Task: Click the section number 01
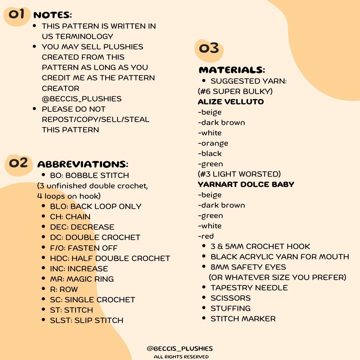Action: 17,14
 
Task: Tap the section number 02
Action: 18,163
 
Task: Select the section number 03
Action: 209,49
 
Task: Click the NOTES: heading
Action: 53,15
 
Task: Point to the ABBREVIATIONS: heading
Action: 83,164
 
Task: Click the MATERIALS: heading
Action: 232,70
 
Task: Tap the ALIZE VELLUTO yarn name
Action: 231,102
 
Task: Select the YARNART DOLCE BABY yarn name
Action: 246,184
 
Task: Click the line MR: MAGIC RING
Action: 82,279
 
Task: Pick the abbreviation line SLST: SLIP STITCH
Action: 87,320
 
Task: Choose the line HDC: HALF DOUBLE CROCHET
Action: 110,258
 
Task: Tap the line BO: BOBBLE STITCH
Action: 89,175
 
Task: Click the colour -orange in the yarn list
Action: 213,143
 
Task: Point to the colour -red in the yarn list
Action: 206,236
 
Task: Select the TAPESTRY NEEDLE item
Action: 249,288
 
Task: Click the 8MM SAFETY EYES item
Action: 248,267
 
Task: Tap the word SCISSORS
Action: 230,298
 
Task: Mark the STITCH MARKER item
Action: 243,319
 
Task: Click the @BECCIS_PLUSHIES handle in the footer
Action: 180,349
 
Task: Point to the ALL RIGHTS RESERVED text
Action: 181,357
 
